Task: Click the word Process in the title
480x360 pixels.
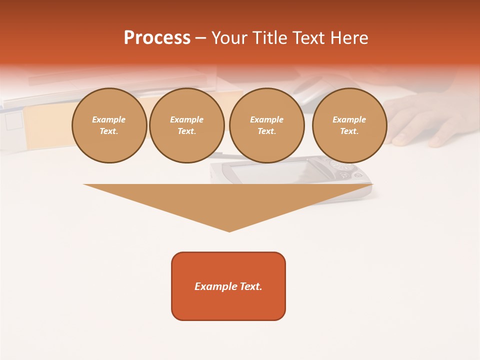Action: coord(157,38)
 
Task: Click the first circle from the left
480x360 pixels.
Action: coord(109,125)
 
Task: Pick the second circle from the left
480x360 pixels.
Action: coord(187,125)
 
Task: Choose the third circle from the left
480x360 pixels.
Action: coord(267,125)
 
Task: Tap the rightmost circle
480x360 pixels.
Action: coord(349,125)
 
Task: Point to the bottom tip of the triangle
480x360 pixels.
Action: coord(229,230)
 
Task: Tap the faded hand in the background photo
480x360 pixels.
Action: coord(425,120)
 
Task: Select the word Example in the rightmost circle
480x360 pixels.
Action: coord(349,119)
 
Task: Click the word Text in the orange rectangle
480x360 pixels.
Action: coord(250,286)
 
